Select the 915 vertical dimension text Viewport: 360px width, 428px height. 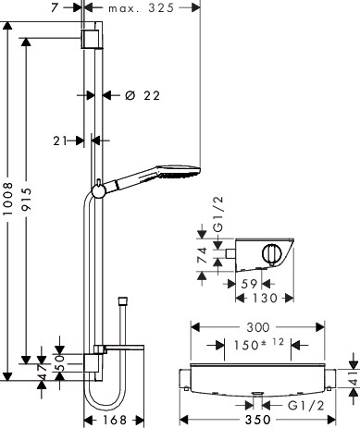point(27,200)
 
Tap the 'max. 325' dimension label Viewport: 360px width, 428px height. point(142,8)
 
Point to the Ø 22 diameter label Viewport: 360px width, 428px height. point(143,95)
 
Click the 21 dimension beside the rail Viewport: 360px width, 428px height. point(60,141)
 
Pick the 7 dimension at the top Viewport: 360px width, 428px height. point(55,7)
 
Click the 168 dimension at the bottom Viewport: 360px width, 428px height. point(115,420)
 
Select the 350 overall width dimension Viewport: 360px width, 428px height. point(258,420)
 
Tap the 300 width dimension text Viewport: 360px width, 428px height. point(258,327)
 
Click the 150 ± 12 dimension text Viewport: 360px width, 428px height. point(258,345)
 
